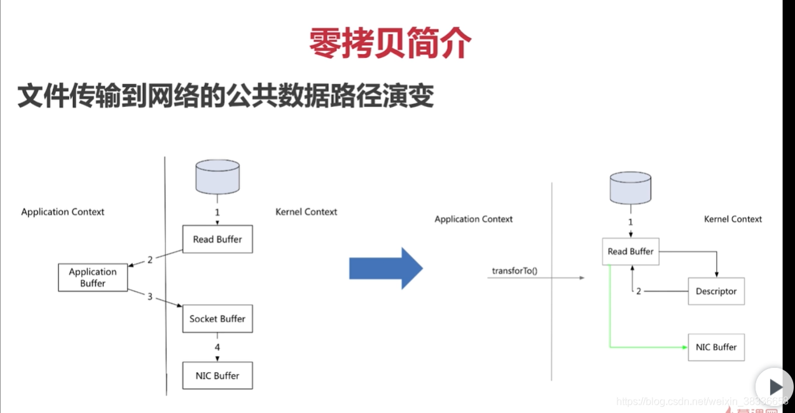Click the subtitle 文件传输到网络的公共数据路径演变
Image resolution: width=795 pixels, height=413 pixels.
tap(225, 96)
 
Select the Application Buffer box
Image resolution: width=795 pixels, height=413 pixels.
tap(93, 277)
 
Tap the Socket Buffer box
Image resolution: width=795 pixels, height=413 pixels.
tap(218, 318)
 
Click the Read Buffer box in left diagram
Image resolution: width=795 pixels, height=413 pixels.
tap(218, 239)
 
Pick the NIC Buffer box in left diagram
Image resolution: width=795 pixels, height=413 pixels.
tap(218, 375)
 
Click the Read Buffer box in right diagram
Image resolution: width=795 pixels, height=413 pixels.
tap(630, 251)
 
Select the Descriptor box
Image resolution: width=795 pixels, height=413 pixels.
tap(716, 291)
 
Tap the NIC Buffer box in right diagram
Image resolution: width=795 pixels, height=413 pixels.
tap(716, 347)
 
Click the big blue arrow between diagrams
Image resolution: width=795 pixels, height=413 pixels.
tap(385, 269)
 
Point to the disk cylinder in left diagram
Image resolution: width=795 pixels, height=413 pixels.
tap(218, 176)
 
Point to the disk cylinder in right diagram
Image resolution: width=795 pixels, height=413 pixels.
tap(630, 187)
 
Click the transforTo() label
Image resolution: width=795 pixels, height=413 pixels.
tap(515, 270)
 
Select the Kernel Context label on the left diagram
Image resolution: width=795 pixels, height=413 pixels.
tap(307, 212)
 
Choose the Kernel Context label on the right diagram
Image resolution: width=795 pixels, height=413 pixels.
tap(733, 219)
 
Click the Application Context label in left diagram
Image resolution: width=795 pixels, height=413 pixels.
tap(63, 212)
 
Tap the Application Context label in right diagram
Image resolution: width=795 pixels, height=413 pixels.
tap(474, 219)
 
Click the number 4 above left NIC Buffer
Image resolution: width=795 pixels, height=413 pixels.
tap(218, 347)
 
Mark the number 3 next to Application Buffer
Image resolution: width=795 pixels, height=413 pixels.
tap(150, 297)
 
